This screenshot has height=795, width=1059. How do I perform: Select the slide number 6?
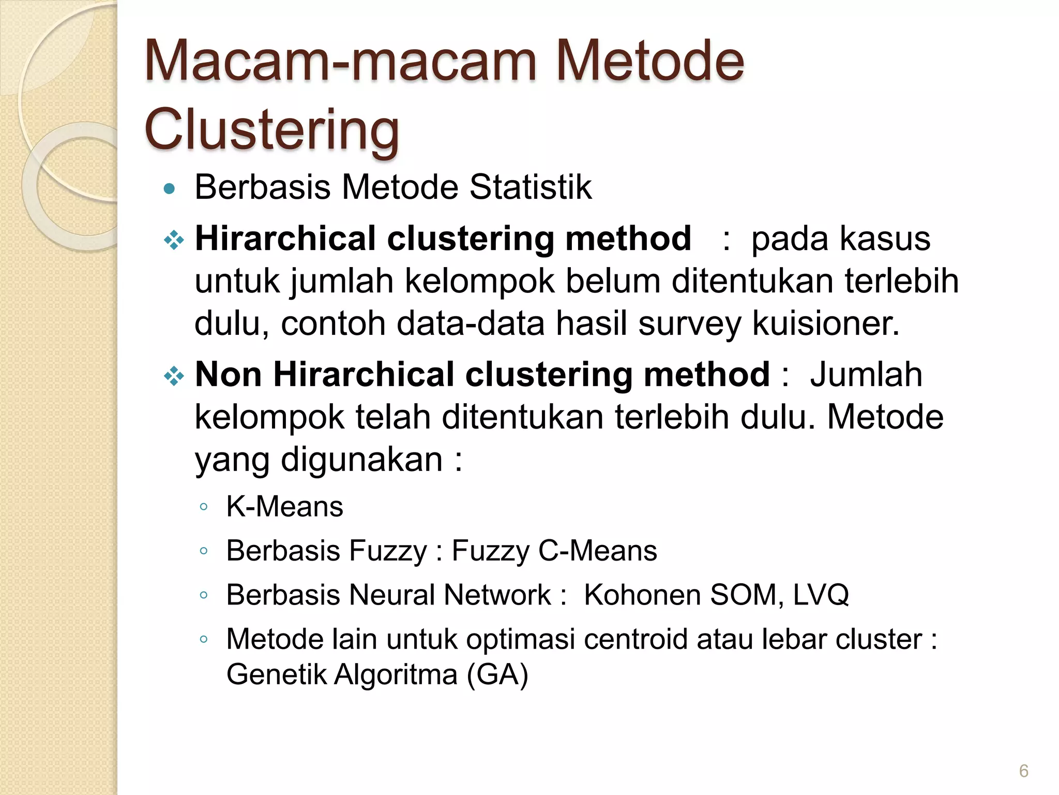[x=1023, y=771]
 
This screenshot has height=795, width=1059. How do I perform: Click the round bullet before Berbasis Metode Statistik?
[x=169, y=189]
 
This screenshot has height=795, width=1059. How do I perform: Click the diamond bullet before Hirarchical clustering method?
[x=174, y=240]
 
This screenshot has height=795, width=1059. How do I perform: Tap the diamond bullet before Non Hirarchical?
[x=174, y=376]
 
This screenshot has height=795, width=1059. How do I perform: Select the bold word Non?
[x=228, y=374]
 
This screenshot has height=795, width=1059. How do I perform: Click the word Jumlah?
[x=866, y=374]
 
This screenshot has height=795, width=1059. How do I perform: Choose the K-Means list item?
[x=284, y=506]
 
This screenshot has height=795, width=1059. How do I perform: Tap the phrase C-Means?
[x=597, y=550]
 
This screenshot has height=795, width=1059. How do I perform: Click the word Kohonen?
[x=642, y=595]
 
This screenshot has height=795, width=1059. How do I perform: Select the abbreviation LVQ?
[x=821, y=595]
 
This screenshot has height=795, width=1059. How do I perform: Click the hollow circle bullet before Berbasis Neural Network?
[x=204, y=595]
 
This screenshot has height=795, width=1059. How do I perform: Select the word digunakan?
[x=361, y=460]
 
